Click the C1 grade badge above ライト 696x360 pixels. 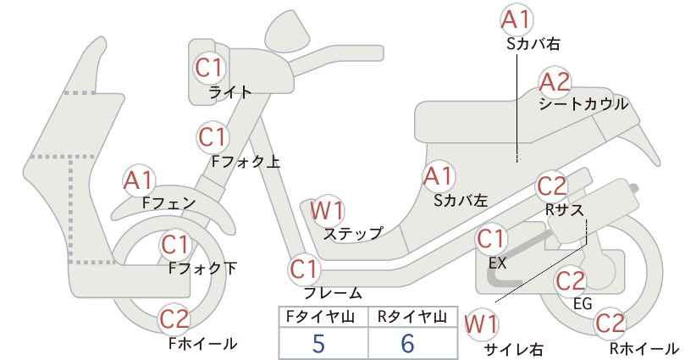point(209,68)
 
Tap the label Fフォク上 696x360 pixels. point(246,161)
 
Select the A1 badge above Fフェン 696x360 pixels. point(139,180)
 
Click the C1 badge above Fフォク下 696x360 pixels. point(177,245)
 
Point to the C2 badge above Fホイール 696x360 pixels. point(175,319)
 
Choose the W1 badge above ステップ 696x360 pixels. point(327,210)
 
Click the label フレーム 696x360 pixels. point(333,292)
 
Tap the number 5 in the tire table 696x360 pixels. point(318,343)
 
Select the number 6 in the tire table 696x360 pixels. point(407,343)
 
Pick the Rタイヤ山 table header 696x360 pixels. point(412,317)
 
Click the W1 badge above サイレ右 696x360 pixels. point(481,324)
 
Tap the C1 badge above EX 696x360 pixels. point(492,239)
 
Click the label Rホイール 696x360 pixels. point(644,348)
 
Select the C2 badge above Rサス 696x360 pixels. point(552,186)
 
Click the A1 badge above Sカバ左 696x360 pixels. point(439,177)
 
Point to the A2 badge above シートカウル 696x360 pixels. point(555,82)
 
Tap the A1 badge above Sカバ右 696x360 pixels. point(517,20)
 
